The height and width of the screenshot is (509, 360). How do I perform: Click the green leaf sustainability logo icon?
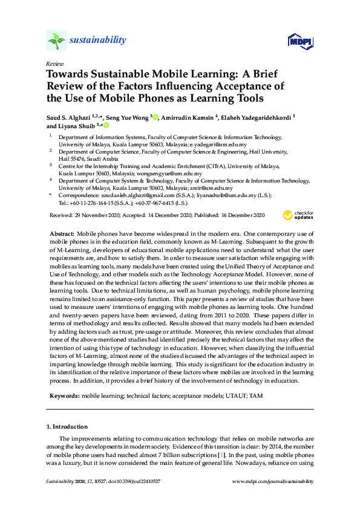pyautogui.click(x=56, y=40)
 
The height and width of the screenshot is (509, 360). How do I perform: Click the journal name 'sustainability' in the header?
pyautogui.click(x=97, y=41)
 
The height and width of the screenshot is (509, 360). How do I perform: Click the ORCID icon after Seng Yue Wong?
pyautogui.click(x=155, y=117)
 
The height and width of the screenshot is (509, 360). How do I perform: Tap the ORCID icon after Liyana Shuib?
pyautogui.click(x=106, y=126)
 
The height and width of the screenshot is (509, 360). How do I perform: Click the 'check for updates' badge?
pyautogui.click(x=296, y=215)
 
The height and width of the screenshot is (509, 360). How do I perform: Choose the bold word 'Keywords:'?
pyautogui.click(x=64, y=395)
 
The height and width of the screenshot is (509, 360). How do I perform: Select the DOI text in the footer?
pyautogui.click(x=137, y=481)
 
